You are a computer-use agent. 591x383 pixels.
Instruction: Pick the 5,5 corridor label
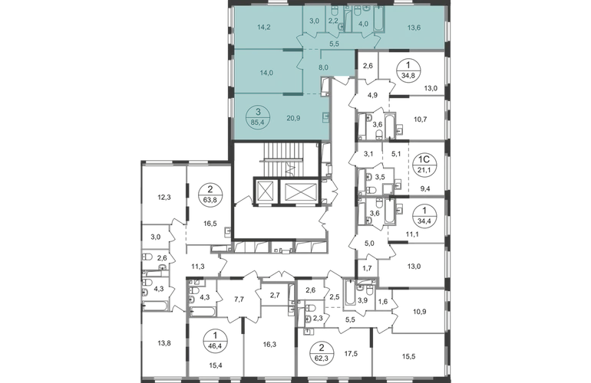pyautogui.click(x=333, y=45)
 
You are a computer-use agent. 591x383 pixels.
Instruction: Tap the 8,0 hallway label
pyautogui.click(x=323, y=67)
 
